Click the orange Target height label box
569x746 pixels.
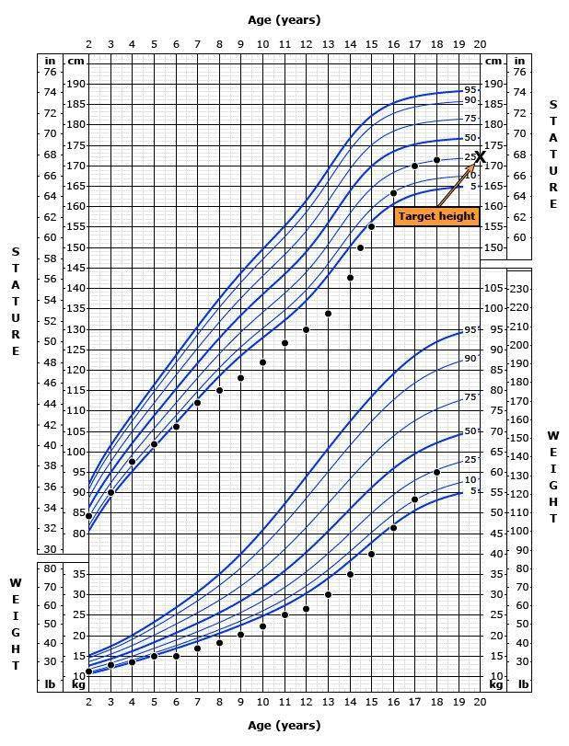click(x=436, y=216)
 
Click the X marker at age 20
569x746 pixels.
click(x=480, y=157)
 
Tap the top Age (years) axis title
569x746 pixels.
click(x=284, y=19)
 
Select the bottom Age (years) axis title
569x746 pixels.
click(x=284, y=725)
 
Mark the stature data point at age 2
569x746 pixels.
click(x=89, y=516)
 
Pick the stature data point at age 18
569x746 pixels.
click(x=436, y=160)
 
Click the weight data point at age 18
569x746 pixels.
click(x=436, y=472)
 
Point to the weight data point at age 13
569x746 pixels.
click(x=328, y=594)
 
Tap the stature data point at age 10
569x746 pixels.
click(x=262, y=362)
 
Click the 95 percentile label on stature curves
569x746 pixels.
click(x=470, y=89)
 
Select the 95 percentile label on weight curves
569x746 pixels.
click(x=470, y=329)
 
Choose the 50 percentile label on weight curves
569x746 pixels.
click(x=470, y=430)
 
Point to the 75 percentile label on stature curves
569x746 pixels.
click(x=470, y=119)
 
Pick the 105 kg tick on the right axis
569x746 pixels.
click(x=494, y=289)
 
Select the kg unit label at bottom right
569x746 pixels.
click(x=495, y=683)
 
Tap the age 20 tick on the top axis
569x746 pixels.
click(x=480, y=43)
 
